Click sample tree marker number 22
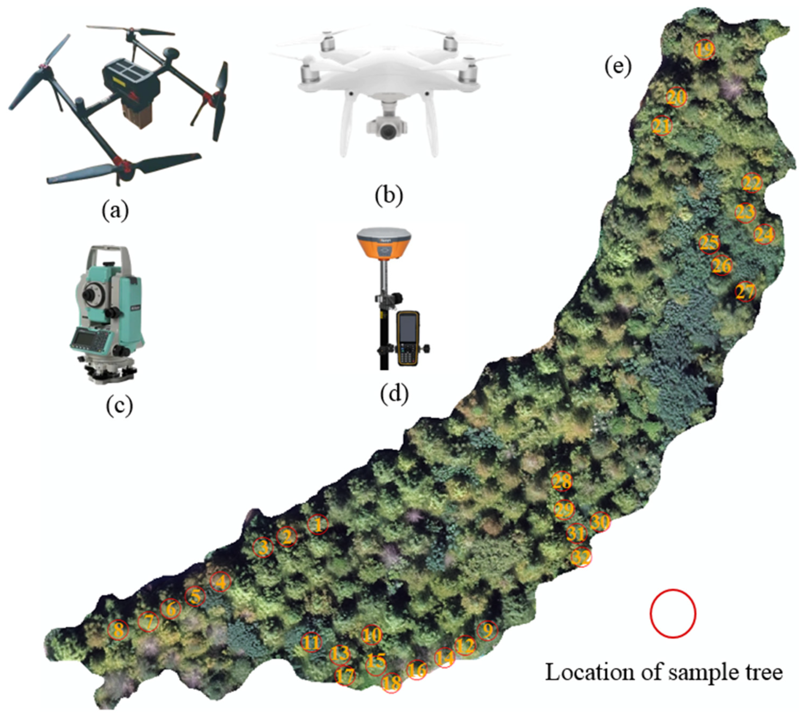(752, 183)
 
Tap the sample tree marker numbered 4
(221, 582)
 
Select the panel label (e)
(618, 67)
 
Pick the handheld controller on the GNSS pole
(408, 338)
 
